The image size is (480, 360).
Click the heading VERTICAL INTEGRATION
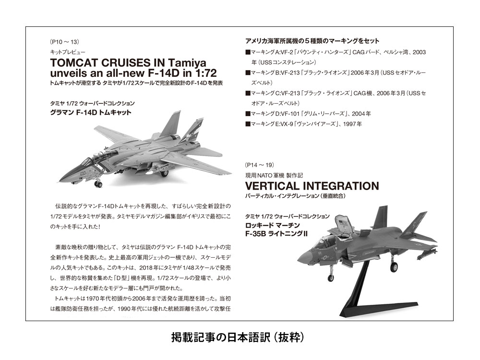point(312,185)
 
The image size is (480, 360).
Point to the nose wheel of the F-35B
point(331,277)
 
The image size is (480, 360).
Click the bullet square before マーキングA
point(248,52)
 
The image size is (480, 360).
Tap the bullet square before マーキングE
point(248,124)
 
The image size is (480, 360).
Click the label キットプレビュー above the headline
point(67,51)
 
